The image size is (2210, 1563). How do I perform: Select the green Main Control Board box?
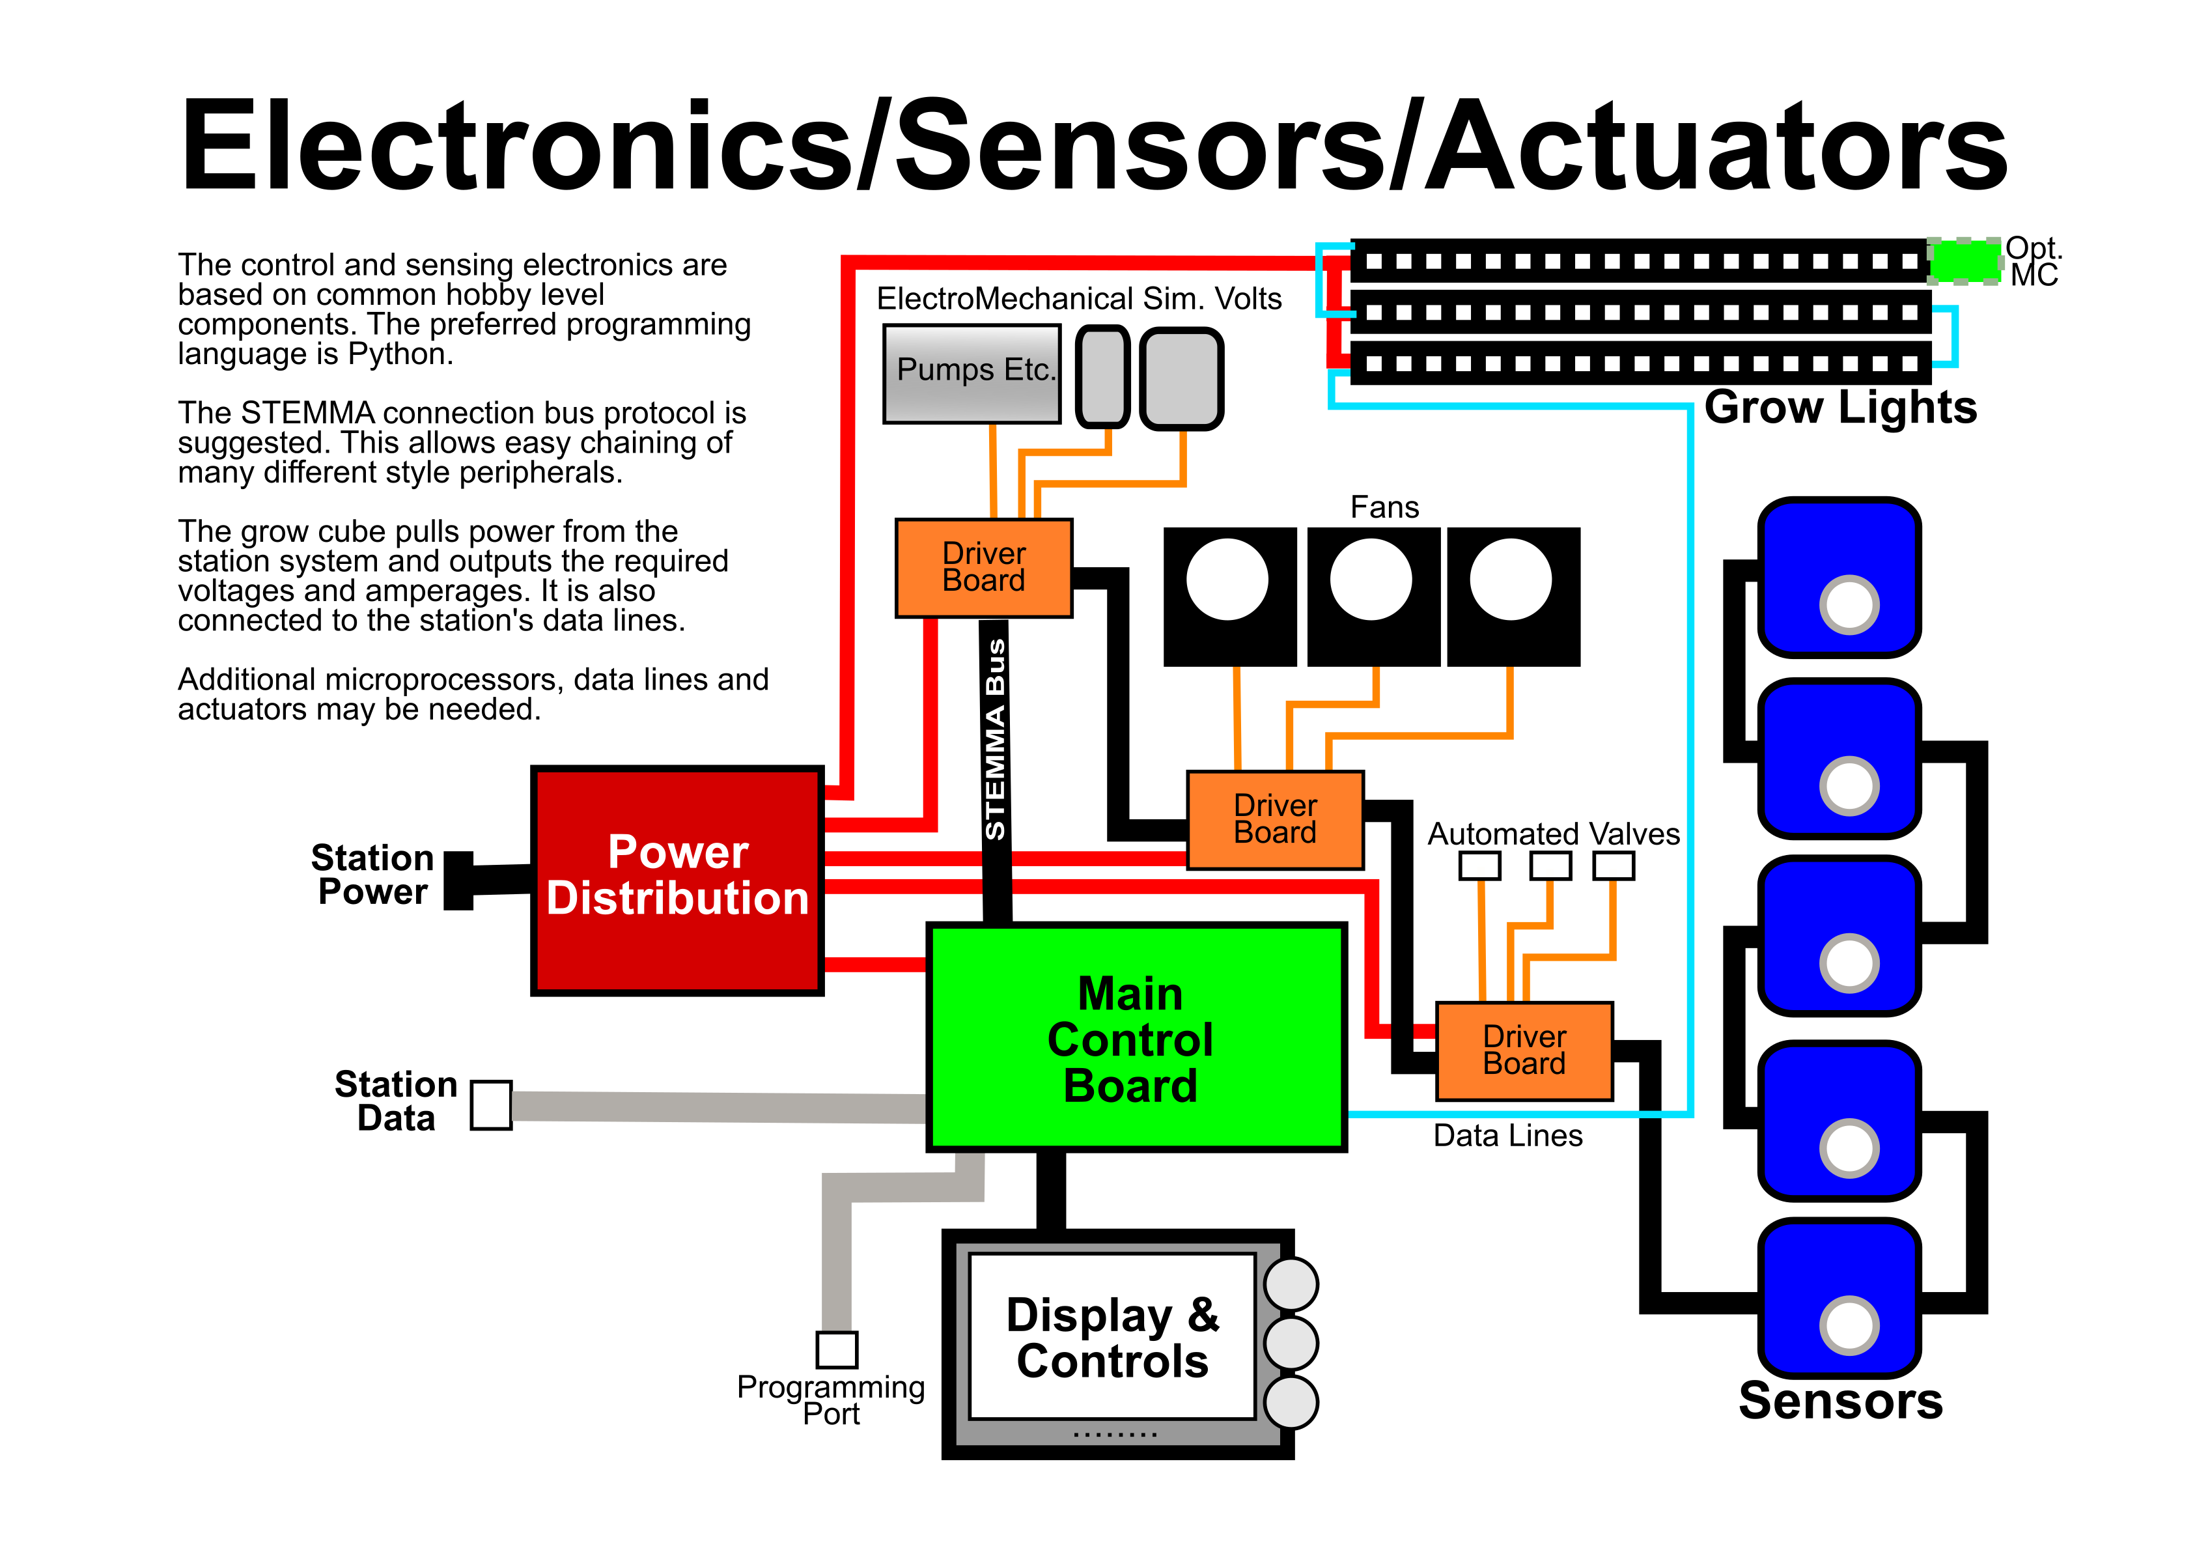click(1135, 1037)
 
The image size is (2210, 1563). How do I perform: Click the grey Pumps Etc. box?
click(972, 373)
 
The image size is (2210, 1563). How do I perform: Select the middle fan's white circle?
click(1371, 580)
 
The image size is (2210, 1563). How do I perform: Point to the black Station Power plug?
click(459, 880)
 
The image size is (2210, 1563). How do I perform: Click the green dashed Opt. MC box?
click(1964, 260)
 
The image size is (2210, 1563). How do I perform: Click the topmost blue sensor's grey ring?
click(1848, 604)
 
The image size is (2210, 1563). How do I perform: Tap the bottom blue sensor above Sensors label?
click(1838, 1295)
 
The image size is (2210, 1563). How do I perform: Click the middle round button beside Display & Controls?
click(1290, 1343)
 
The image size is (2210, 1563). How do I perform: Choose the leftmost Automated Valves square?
click(1479, 866)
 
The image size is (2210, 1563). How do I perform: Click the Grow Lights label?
click(1839, 407)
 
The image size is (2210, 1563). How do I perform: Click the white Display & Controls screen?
click(1112, 1336)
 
